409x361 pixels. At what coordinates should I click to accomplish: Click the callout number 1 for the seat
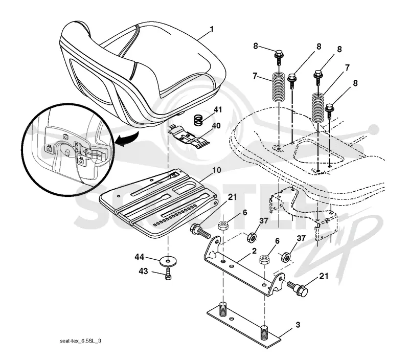click(212, 29)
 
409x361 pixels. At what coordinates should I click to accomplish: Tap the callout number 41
click(218, 109)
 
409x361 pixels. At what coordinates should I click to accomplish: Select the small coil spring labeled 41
click(199, 120)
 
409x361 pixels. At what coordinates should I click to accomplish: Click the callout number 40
click(216, 126)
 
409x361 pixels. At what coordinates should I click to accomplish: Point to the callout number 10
click(217, 170)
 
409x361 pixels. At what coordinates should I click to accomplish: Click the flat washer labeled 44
click(167, 261)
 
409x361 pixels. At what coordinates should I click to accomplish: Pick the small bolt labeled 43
click(168, 274)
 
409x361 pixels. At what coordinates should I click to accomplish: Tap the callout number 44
click(140, 257)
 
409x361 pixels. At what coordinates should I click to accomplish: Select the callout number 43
click(143, 272)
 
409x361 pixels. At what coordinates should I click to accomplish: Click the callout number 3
click(298, 325)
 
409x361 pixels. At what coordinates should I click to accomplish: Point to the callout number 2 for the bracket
click(254, 251)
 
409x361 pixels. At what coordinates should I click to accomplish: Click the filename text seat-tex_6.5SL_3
click(81, 341)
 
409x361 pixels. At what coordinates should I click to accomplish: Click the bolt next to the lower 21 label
click(298, 289)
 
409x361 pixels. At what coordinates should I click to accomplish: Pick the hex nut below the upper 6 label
click(223, 225)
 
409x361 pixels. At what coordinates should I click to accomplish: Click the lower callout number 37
click(301, 238)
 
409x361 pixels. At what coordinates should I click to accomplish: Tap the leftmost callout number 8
click(256, 46)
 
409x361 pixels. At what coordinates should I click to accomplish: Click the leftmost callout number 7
click(255, 76)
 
